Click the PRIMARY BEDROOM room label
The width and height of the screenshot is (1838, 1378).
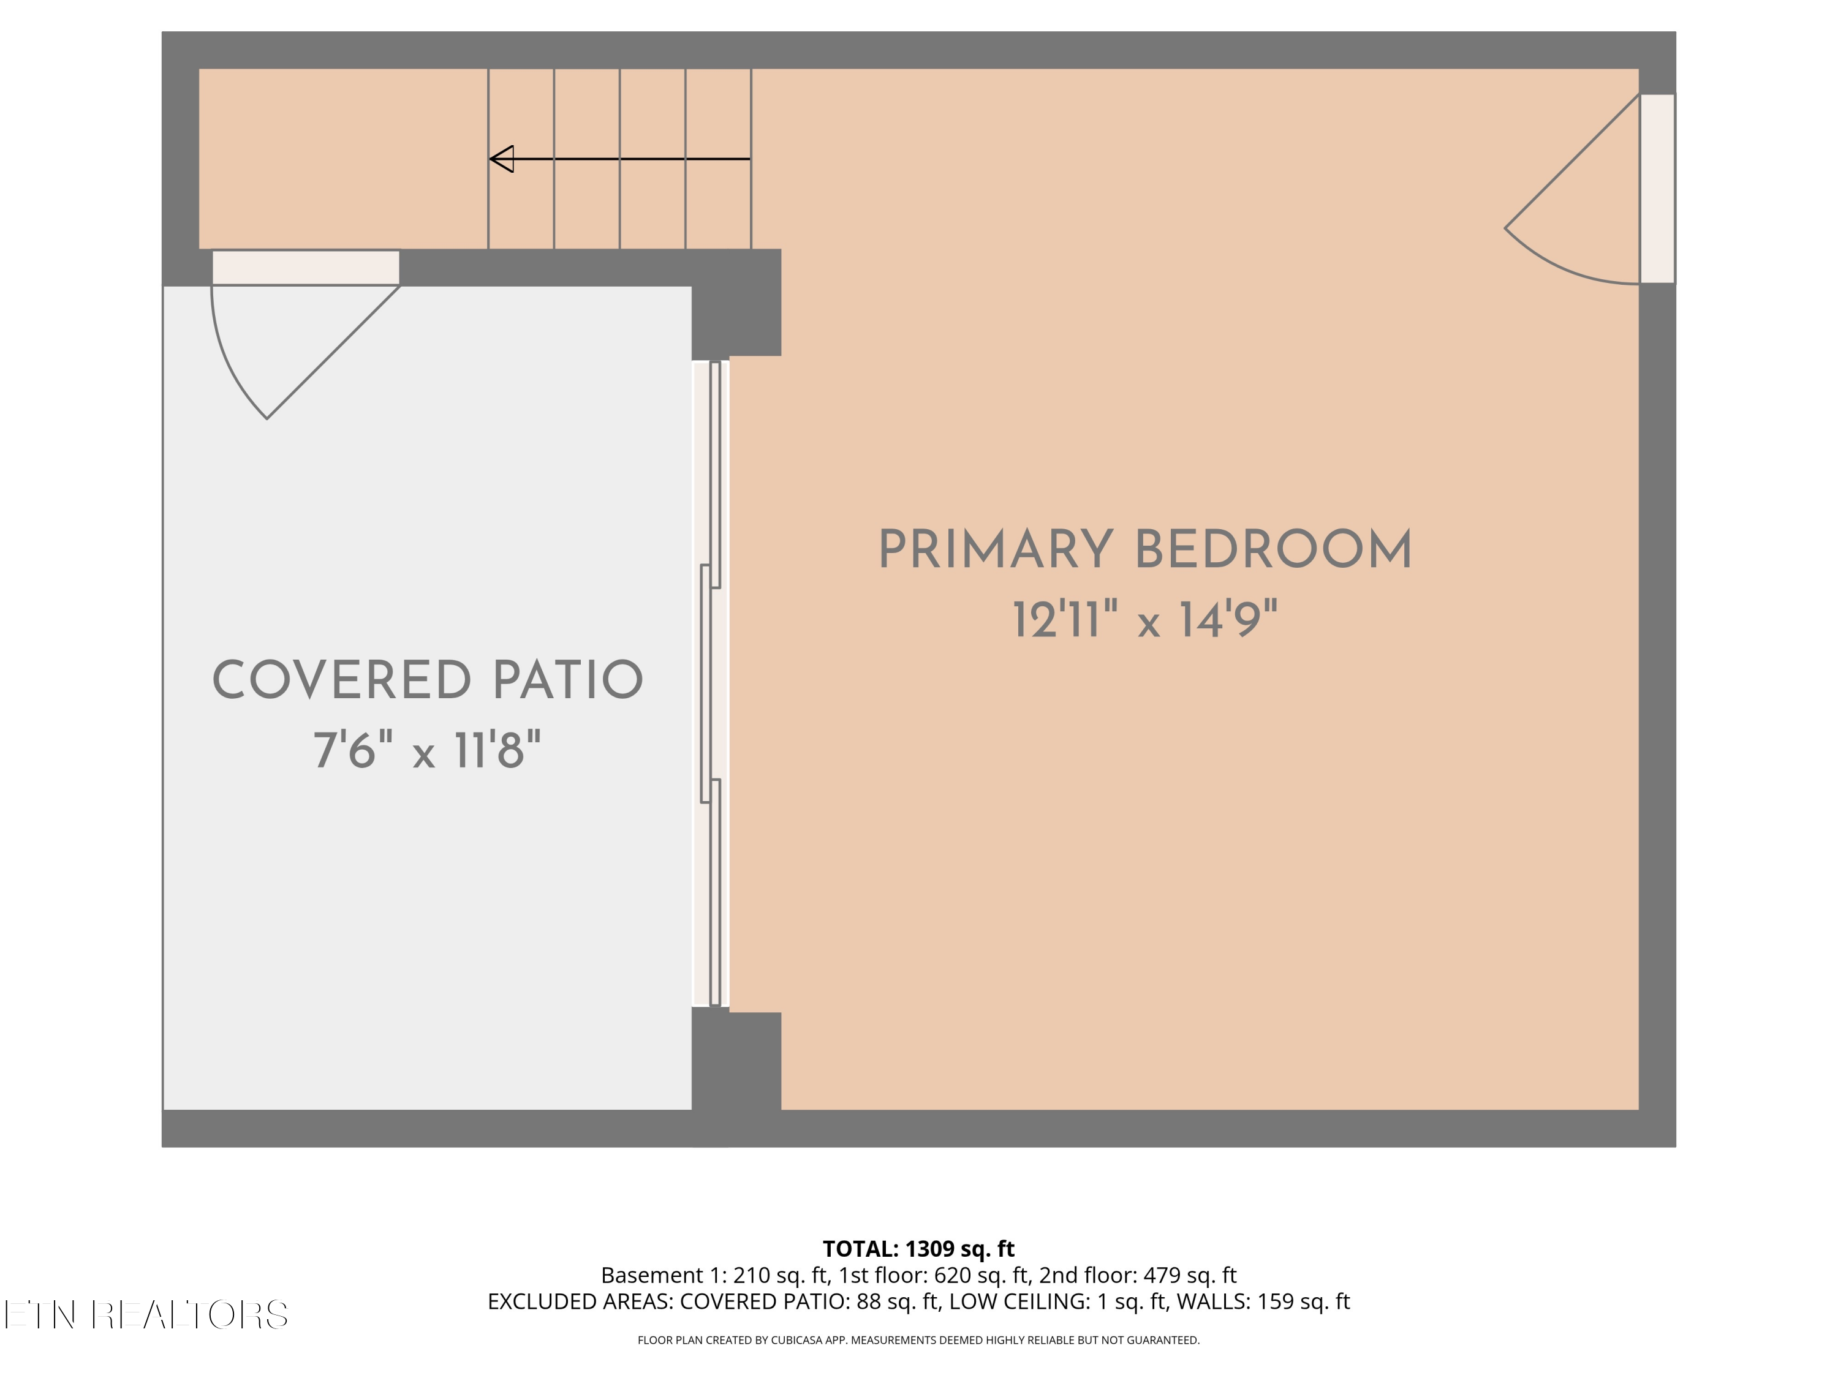coord(1145,550)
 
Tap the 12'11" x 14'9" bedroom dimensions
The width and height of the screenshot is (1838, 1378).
coord(1144,620)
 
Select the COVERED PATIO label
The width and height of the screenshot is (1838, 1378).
coord(428,680)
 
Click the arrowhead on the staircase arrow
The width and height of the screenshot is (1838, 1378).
coord(502,159)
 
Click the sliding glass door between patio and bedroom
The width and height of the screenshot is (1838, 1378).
coord(711,683)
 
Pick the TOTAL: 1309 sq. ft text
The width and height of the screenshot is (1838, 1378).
coord(918,1248)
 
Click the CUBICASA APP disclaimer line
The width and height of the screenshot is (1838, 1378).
coord(918,1340)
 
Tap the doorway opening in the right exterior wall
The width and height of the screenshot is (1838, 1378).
coord(1658,189)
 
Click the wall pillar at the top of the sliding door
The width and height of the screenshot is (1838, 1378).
coord(736,303)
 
